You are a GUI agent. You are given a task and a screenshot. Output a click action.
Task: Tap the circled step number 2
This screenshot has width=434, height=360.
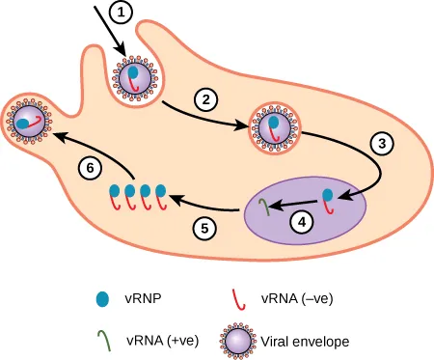pos(203,97)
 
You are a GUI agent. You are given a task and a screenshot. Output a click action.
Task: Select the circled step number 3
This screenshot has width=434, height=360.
pos(383,143)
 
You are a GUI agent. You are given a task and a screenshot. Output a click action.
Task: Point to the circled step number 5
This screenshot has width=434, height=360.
pos(203,229)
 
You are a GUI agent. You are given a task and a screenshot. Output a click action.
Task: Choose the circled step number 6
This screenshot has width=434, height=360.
pos(90,167)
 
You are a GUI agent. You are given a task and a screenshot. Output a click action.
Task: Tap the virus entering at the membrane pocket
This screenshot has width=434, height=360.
pos(136,77)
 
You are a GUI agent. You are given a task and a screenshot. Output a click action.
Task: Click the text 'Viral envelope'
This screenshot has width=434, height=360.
pos(298,341)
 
